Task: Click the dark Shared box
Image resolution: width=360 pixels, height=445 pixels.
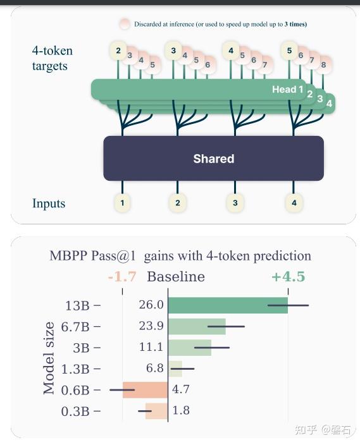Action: [x=213, y=159]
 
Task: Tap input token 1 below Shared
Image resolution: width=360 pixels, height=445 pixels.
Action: [x=122, y=203]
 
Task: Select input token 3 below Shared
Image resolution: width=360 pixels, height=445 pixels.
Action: [x=235, y=203]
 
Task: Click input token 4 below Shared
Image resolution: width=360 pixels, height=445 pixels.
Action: [x=293, y=203]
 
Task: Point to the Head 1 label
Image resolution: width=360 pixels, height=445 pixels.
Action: [x=288, y=90]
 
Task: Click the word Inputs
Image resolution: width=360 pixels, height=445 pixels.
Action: [x=49, y=204]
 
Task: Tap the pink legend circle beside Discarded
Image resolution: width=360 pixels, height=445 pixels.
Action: [x=124, y=24]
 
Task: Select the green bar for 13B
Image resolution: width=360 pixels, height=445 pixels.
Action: [x=227, y=305]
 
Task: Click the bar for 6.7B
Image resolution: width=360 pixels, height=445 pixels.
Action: [x=196, y=327]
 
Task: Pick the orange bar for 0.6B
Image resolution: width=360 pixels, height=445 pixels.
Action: [x=145, y=390]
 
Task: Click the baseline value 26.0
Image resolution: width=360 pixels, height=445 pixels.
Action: [x=151, y=305]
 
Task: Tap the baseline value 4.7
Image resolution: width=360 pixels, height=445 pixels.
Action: [x=181, y=390]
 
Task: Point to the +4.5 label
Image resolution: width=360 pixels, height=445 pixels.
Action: [x=288, y=277]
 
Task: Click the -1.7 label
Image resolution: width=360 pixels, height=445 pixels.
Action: [x=122, y=277]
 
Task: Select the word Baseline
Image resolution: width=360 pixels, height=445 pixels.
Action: [x=176, y=277]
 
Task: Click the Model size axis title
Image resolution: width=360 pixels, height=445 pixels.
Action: [x=49, y=357]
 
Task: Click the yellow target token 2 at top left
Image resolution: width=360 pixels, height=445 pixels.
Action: [x=117, y=51]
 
